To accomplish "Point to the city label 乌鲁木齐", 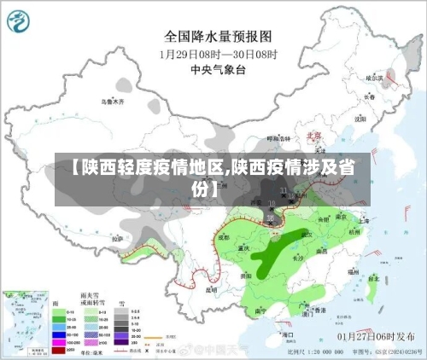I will point(113,102).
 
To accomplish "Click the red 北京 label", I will point(314,135).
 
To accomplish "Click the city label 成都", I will point(225,236).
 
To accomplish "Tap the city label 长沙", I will point(299,256).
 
